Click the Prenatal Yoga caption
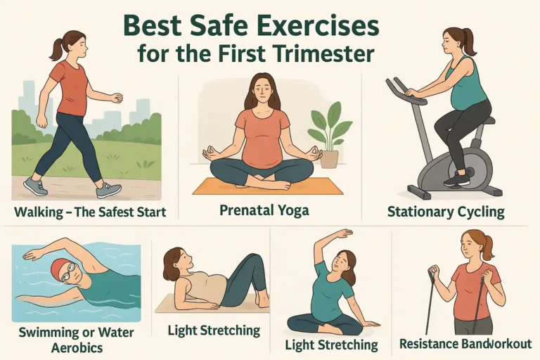pyautogui.click(x=264, y=210)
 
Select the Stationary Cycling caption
pyautogui.click(x=446, y=211)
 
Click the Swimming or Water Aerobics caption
pyautogui.click(x=77, y=340)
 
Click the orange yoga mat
pyautogui.click(x=268, y=187)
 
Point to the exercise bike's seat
pyautogui.click(x=487, y=120)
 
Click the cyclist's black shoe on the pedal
pyautogui.click(x=457, y=179)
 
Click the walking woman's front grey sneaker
pyautogui.click(x=108, y=190)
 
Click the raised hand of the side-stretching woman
pyautogui.click(x=342, y=234)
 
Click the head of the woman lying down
pyautogui.click(x=178, y=262)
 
